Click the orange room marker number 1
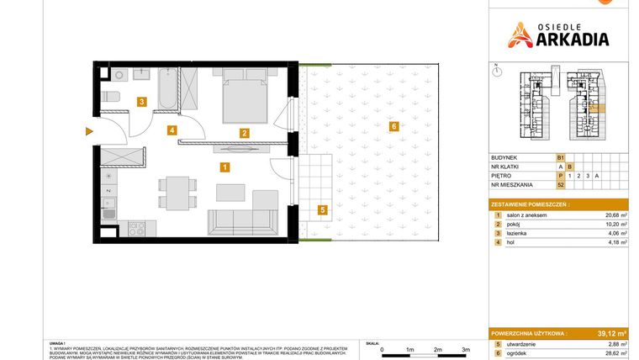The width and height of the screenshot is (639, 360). pyautogui.click(x=224, y=167)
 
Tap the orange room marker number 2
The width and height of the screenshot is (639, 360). pyautogui.click(x=244, y=133)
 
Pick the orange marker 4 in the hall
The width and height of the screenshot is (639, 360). pyautogui.click(x=172, y=130)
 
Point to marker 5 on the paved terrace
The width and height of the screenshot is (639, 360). pyautogui.click(x=320, y=209)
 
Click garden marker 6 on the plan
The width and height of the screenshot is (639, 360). pyautogui.click(x=393, y=127)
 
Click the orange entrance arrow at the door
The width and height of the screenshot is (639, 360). pyautogui.click(x=89, y=131)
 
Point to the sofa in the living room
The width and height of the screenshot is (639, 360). pyautogui.click(x=243, y=220)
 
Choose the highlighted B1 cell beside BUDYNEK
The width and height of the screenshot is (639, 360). pyautogui.click(x=560, y=157)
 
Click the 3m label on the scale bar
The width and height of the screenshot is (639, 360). pyautogui.click(x=465, y=348)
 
